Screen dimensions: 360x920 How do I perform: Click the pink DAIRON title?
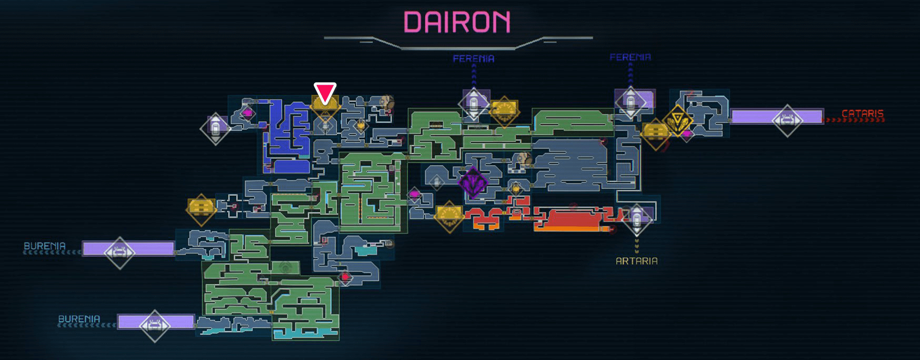(457, 23)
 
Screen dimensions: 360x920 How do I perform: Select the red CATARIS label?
(862, 113)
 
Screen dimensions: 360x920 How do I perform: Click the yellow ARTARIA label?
(636, 261)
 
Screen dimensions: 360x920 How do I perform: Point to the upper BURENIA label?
(45, 246)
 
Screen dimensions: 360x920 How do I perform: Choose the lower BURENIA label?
(79, 319)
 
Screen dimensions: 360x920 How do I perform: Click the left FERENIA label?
(473, 59)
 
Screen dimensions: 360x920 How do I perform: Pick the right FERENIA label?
(630, 57)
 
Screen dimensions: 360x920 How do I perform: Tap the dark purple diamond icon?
(473, 183)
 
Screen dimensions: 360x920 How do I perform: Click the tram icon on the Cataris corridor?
(787, 120)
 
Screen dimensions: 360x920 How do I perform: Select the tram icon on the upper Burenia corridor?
(119, 252)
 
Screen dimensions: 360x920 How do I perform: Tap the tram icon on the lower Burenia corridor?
(155, 326)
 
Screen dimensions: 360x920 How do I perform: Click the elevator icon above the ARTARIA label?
(637, 219)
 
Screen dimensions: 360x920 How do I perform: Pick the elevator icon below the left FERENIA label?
(473, 104)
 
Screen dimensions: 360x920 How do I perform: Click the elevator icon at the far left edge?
(215, 128)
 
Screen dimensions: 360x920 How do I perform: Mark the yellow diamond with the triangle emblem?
(677, 120)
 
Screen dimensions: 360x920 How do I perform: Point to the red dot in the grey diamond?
(345, 277)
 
